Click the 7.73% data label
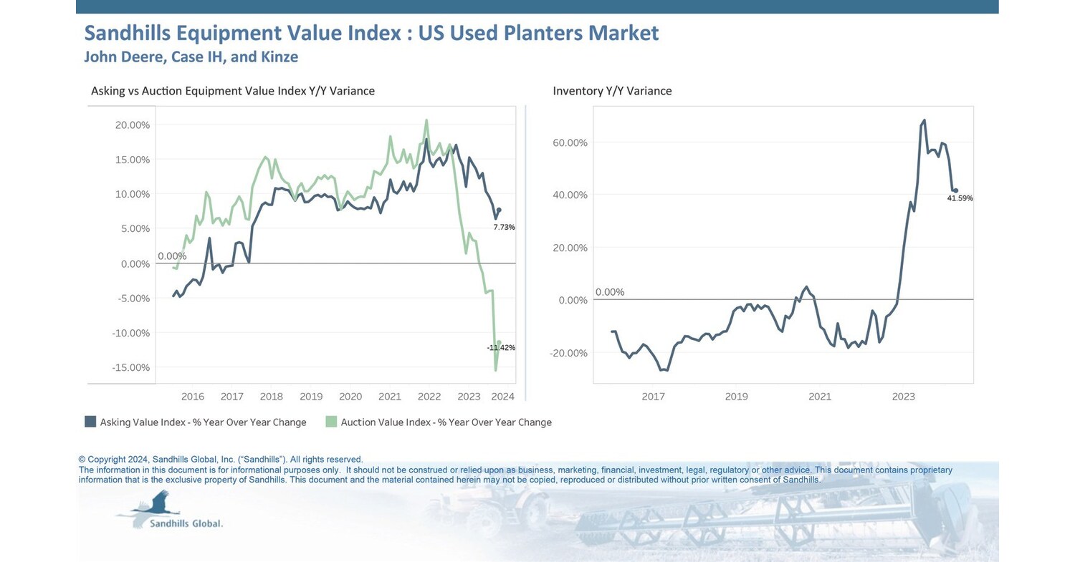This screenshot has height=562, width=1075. tap(504, 227)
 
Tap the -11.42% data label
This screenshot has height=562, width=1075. tap(501, 347)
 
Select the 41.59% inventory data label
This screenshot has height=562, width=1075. tap(960, 198)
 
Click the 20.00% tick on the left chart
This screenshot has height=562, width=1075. tap(133, 125)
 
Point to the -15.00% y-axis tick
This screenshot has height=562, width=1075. tap(131, 367)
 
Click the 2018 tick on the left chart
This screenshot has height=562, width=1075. tap(271, 397)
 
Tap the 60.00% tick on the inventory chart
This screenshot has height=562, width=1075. tap(571, 142)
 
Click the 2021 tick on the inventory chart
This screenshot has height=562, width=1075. tap(819, 397)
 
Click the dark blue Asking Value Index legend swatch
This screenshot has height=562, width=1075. tap(90, 422)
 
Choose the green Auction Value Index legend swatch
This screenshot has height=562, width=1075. tap(330, 422)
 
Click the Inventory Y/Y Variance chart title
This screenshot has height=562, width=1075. tap(612, 91)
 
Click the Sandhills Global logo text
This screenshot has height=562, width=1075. tap(186, 523)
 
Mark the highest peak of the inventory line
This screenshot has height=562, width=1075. tap(924, 120)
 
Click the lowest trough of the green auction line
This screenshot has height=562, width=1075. tap(495, 370)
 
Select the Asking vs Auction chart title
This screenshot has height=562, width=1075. tap(233, 91)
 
